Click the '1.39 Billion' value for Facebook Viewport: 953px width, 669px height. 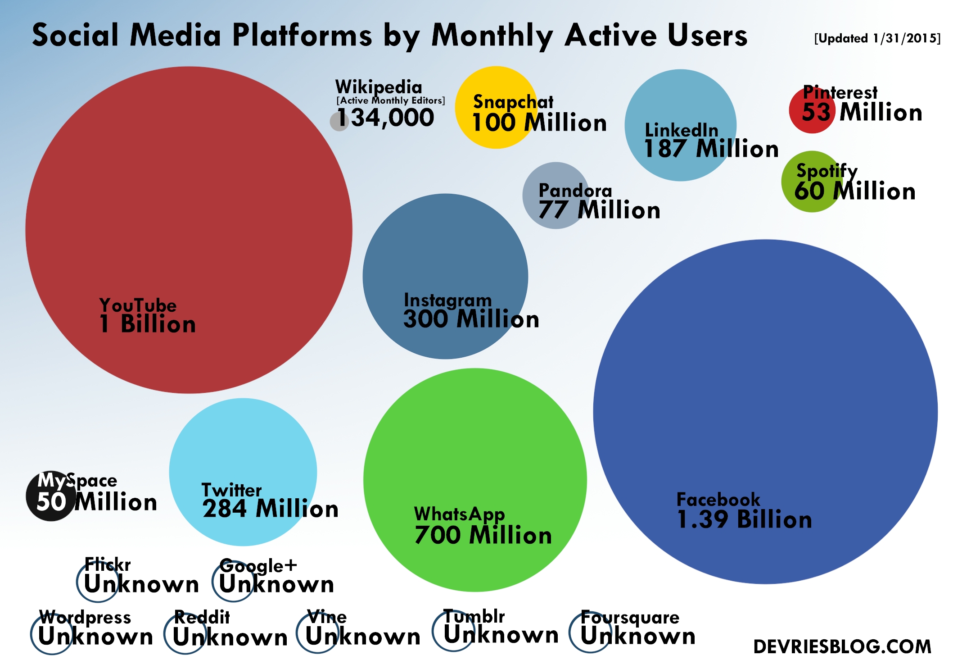pos(744,519)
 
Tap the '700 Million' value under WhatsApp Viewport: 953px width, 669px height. pos(483,535)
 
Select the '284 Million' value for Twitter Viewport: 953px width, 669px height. pos(270,509)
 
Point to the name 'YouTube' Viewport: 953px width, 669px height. pos(138,305)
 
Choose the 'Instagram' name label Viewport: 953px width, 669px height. pos(447,300)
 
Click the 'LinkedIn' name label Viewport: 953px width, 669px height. pos(681,130)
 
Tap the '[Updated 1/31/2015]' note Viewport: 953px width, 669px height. pos(877,38)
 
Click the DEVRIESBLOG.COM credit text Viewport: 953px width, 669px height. pos(842,647)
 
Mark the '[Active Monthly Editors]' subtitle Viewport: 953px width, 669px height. pos(390,100)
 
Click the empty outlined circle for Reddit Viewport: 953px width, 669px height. pos(185,633)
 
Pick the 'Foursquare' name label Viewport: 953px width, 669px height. pos(630,617)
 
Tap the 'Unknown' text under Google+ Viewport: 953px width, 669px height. pos(276,584)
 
